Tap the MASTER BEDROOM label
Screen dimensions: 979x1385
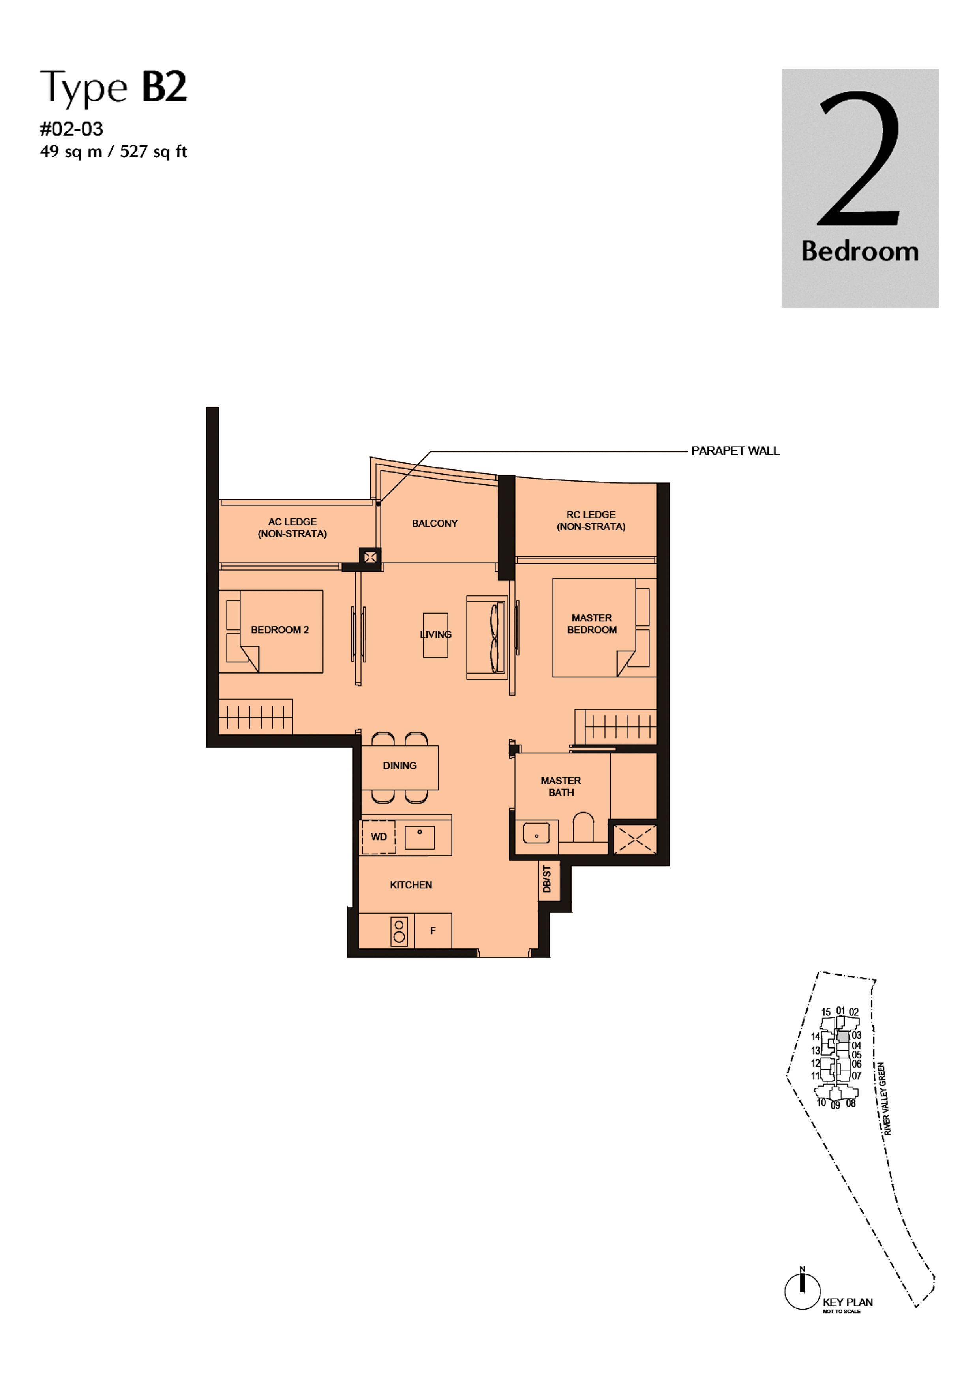point(592,624)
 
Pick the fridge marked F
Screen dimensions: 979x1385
point(433,931)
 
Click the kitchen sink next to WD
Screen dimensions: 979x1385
point(420,837)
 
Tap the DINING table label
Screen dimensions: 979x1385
point(399,766)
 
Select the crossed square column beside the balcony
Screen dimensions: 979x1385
point(370,557)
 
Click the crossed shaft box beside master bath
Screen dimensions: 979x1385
point(634,839)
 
